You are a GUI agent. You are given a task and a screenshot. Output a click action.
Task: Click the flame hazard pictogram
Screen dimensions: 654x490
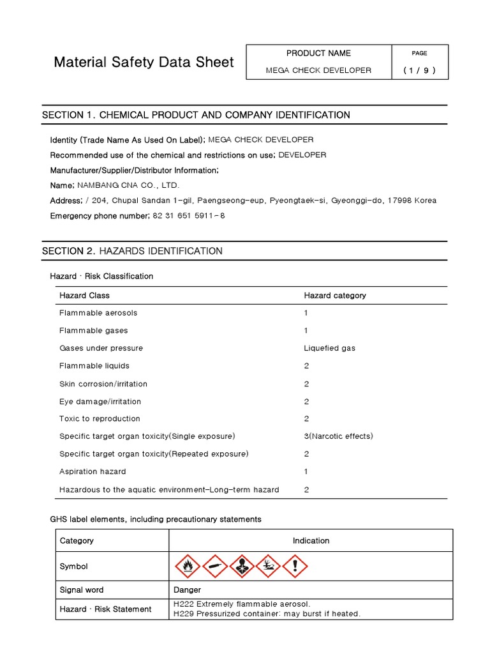[187, 566]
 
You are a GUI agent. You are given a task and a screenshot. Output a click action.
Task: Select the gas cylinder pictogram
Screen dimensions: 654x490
[214, 566]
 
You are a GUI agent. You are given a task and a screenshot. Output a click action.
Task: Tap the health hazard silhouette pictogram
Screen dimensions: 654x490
[241, 566]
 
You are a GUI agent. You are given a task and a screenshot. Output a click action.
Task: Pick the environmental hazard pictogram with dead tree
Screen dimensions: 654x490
[268, 566]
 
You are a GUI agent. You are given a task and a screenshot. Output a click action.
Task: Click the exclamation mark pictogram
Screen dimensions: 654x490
[295, 566]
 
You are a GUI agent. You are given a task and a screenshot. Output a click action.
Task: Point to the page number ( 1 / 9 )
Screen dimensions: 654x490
[420, 70]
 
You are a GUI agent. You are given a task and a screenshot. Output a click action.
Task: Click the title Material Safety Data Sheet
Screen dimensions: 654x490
[144, 62]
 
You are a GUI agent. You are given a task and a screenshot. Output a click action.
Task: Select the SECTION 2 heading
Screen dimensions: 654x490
[132, 251]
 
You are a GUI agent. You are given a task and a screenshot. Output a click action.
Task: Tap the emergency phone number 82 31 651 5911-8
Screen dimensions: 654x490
[189, 216]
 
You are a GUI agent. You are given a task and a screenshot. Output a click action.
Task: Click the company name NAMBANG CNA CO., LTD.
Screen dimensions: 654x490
[128, 185]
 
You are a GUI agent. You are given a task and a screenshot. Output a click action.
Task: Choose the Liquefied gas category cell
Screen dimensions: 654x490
[330, 348]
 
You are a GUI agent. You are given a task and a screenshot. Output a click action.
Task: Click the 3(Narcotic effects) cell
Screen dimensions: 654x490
[338, 436]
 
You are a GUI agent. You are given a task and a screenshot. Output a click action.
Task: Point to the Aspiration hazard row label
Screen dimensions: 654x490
[93, 471]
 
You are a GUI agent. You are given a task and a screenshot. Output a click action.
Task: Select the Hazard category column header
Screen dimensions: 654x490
[335, 296]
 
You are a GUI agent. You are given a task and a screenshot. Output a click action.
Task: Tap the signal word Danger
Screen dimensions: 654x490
[187, 589]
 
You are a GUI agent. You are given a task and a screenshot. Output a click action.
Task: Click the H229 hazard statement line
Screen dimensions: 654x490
[267, 614]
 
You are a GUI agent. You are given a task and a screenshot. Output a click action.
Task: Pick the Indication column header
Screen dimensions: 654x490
[311, 540]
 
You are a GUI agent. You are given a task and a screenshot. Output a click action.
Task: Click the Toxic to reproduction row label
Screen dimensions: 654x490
[100, 419]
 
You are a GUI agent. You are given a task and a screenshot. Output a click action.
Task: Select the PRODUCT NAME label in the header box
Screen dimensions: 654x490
[318, 54]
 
